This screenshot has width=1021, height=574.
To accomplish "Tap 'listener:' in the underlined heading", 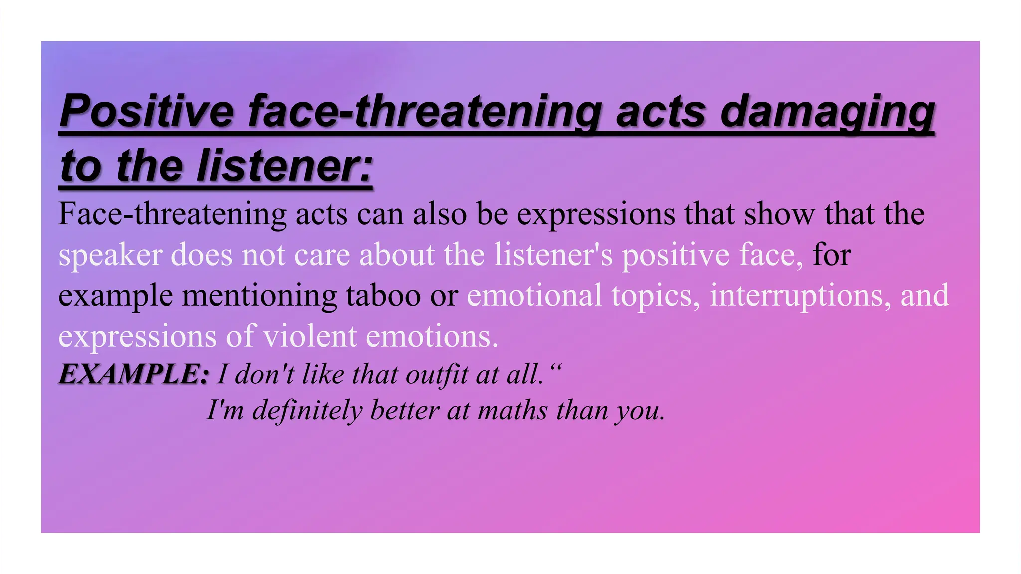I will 285,166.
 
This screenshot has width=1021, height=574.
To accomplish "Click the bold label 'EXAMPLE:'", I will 134,374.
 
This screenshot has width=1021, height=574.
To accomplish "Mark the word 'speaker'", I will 110,255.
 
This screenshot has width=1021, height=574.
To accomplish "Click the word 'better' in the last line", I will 404,410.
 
